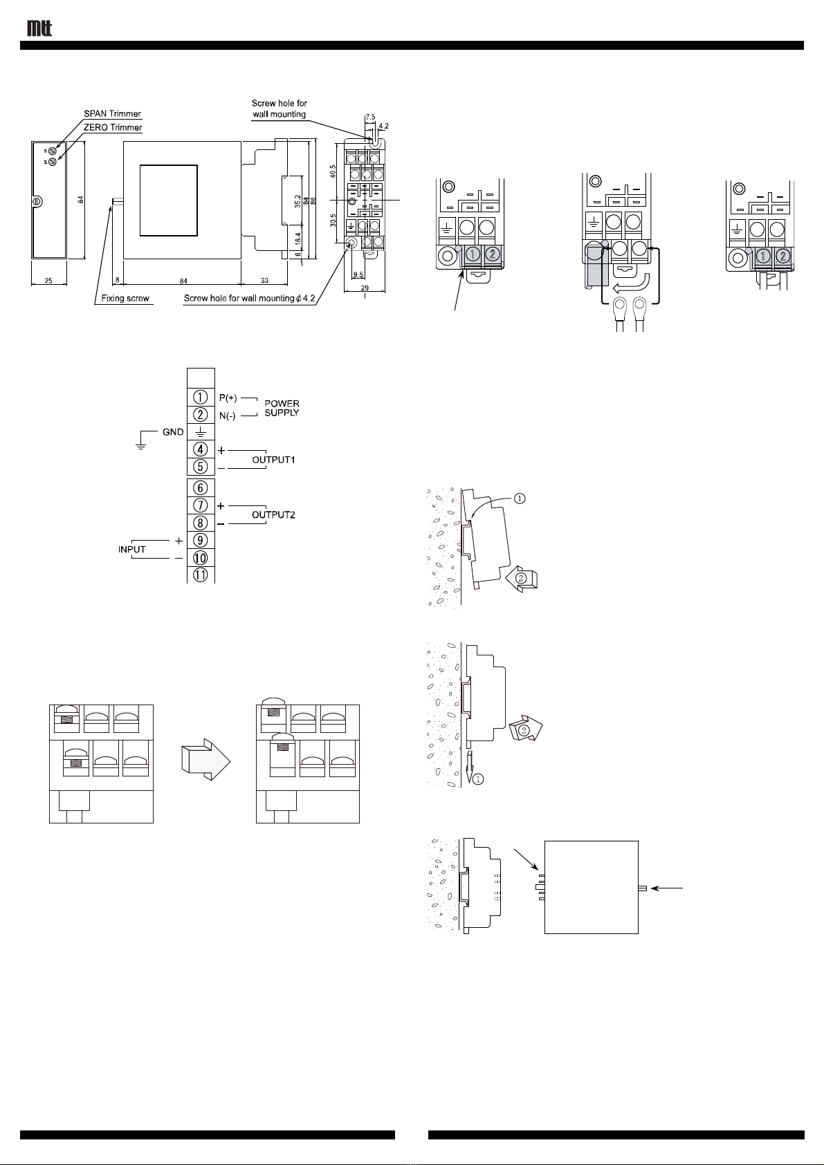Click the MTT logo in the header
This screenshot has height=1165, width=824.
point(39,28)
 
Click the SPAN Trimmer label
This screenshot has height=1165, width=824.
point(113,114)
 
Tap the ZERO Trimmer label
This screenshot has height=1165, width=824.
point(113,127)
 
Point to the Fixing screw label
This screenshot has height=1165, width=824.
point(125,299)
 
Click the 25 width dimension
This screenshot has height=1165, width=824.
point(48,281)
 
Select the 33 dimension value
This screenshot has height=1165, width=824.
point(264,281)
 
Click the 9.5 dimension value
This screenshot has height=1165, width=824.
point(358,274)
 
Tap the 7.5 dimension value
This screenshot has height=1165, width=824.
point(370,118)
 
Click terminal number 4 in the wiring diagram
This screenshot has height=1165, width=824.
point(201,449)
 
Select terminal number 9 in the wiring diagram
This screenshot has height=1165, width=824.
point(201,541)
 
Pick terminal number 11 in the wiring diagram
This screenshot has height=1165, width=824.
point(201,575)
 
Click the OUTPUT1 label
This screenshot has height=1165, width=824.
point(273,460)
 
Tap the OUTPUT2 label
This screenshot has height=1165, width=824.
point(273,515)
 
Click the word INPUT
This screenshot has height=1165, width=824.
point(131,549)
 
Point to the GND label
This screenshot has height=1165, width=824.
point(174,432)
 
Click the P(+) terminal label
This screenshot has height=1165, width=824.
point(228,398)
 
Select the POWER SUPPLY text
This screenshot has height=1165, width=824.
point(282,409)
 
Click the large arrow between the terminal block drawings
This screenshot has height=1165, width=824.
point(206,759)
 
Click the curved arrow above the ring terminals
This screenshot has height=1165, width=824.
point(631,284)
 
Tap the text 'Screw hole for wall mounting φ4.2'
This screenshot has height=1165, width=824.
point(249,299)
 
